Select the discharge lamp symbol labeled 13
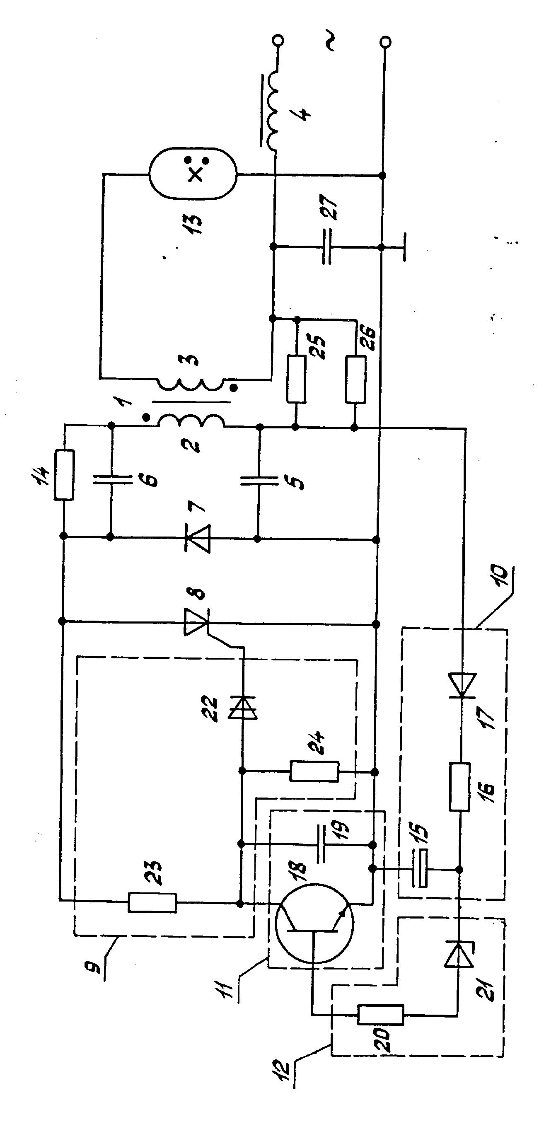193,174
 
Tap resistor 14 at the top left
64,475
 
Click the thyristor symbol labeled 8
196,622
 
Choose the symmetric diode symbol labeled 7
198,538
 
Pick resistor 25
296,379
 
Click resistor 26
355,379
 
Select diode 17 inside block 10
462,685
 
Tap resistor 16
460,787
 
